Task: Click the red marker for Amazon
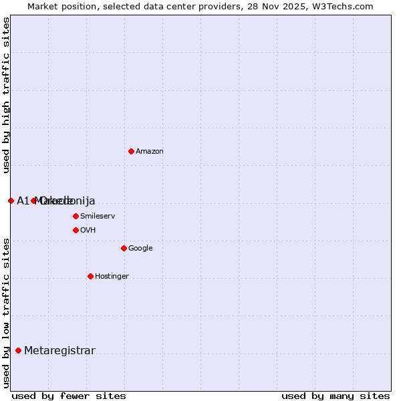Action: [x=131, y=151]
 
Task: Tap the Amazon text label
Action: [x=150, y=152]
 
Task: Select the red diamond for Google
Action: [x=124, y=248]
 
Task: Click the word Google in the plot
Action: [x=140, y=249]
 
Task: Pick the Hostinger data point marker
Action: [x=90, y=276]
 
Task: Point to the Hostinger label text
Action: [x=112, y=277]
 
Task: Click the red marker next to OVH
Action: [x=76, y=230]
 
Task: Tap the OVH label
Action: [x=88, y=231]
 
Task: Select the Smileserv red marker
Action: [x=76, y=216]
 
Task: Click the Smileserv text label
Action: [x=98, y=217]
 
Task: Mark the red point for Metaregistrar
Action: [x=18, y=350]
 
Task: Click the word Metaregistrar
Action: [x=59, y=351]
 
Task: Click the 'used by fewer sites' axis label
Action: [x=69, y=396]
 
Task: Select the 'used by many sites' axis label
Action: [x=336, y=396]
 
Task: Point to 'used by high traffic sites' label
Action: [x=6, y=95]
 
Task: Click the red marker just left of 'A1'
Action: [x=11, y=200]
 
